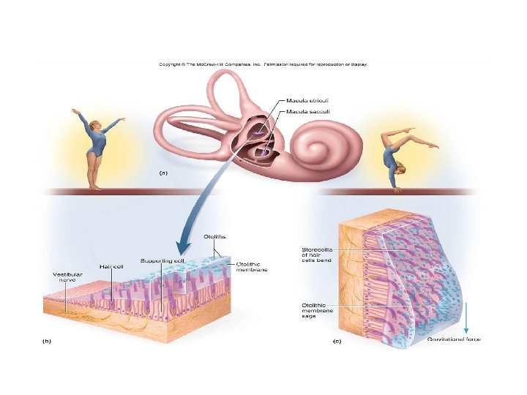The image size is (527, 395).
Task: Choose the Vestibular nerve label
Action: coord(67,279)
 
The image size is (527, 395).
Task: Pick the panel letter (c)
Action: coord(337,341)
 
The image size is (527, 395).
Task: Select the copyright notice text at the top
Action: coord(263,64)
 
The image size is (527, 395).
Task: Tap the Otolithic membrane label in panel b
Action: coord(252,267)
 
